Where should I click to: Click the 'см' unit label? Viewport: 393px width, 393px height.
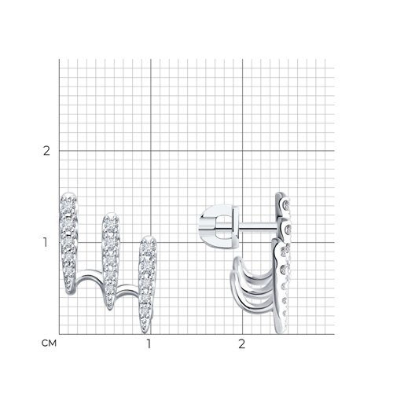point(49,343)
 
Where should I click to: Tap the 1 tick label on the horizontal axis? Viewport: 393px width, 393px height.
point(149,343)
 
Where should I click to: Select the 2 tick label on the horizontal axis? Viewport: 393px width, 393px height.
point(241,343)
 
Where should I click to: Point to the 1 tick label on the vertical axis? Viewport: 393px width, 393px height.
point(46,242)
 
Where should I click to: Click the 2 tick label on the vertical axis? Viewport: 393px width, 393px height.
point(46,151)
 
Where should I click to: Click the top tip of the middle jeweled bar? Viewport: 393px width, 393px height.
point(111,214)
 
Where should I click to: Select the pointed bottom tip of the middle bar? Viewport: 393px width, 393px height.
point(110,309)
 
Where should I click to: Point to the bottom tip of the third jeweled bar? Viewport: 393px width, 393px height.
point(145,332)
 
